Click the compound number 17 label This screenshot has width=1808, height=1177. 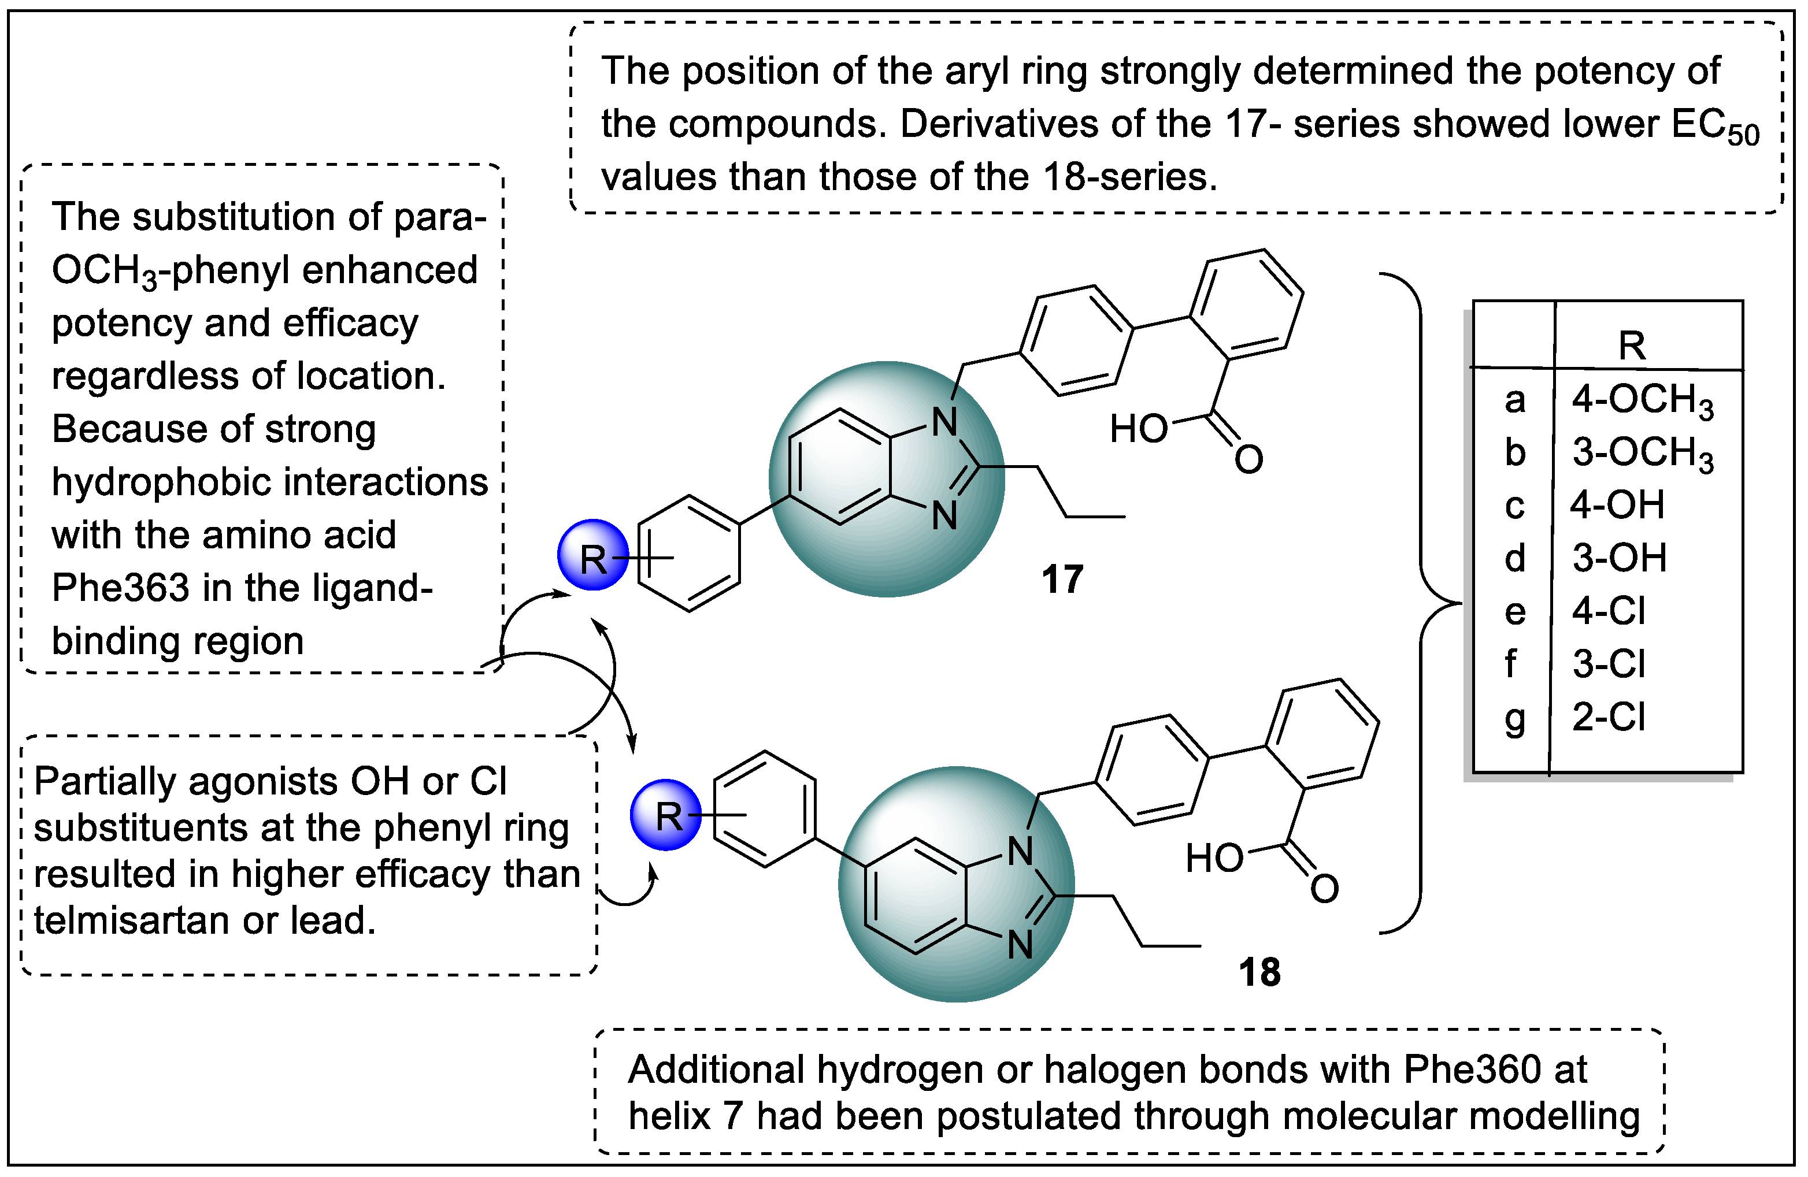(x=1062, y=580)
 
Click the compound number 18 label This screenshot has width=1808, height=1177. (x=1259, y=972)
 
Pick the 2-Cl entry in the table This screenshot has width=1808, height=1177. (x=1608, y=717)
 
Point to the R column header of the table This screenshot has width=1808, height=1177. (x=1632, y=346)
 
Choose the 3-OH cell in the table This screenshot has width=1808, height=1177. (x=1619, y=558)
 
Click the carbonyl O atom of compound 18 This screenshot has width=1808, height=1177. (x=1324, y=889)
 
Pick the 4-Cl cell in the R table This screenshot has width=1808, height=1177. (x=1608, y=611)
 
